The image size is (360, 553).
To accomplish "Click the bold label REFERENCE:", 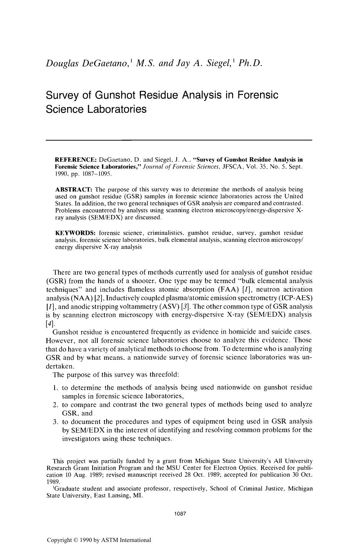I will tap(76, 160).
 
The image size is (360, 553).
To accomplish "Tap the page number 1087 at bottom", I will tap(180, 513).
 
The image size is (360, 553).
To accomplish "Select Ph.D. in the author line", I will tap(250, 63).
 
